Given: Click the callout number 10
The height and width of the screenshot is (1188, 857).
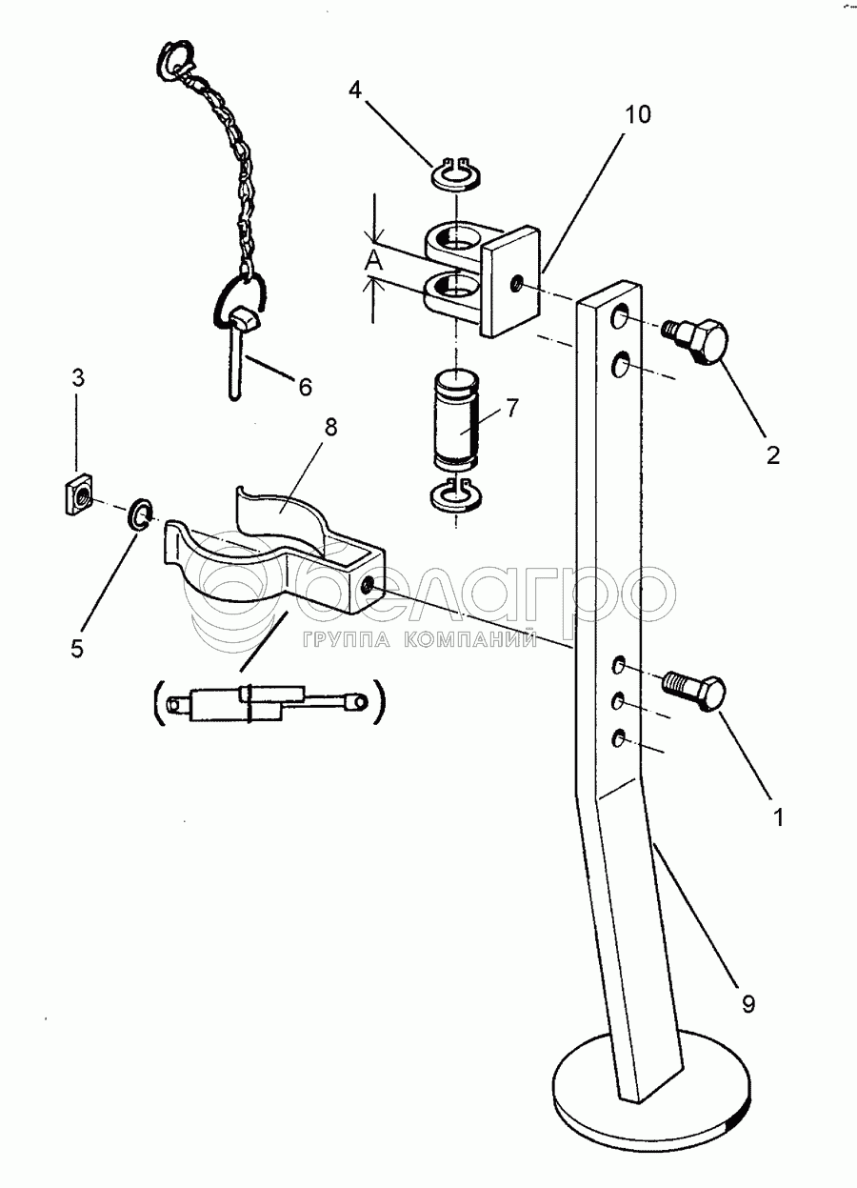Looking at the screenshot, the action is click(x=638, y=114).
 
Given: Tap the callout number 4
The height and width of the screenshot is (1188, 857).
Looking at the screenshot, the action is click(x=354, y=91).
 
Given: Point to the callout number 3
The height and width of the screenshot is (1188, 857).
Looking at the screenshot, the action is click(x=77, y=378).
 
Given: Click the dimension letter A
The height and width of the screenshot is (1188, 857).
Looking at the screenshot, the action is click(x=375, y=260).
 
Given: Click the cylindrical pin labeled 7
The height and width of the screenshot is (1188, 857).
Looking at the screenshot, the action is click(x=456, y=420).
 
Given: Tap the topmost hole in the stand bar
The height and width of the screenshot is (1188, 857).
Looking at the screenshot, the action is click(x=618, y=318).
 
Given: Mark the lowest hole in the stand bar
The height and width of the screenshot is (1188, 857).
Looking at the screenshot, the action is click(x=617, y=738).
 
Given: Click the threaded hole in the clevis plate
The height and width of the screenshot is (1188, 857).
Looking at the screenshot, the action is click(x=514, y=285).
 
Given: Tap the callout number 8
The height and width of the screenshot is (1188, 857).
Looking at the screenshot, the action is click(x=330, y=428).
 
